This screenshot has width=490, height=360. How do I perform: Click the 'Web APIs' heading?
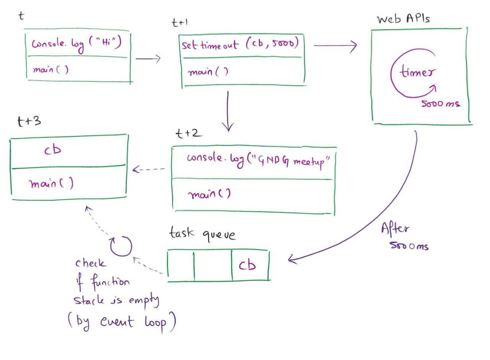[x=403, y=18]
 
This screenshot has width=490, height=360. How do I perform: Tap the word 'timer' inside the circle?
[x=418, y=72]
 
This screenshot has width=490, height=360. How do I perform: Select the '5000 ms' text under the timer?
[x=441, y=103]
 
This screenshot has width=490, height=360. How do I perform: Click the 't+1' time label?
[x=180, y=23]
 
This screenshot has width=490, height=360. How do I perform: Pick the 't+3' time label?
[x=29, y=121]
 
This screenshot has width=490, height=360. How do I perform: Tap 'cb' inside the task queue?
[x=247, y=265]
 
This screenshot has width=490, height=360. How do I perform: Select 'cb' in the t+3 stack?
[x=52, y=150]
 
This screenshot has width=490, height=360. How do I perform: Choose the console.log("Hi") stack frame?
[x=77, y=44]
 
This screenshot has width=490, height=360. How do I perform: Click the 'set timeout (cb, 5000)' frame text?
[x=240, y=44]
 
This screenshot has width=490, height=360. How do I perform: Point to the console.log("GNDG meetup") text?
[x=258, y=160]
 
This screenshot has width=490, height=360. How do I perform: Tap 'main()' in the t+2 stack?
[x=209, y=194]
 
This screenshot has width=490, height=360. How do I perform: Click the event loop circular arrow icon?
[x=121, y=246]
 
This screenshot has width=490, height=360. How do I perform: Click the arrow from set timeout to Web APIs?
[x=335, y=46]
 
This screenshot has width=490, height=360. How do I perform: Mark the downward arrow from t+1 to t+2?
[x=228, y=111]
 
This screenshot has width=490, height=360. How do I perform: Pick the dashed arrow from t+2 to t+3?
[x=149, y=169]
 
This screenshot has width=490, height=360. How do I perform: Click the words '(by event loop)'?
[x=122, y=322]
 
